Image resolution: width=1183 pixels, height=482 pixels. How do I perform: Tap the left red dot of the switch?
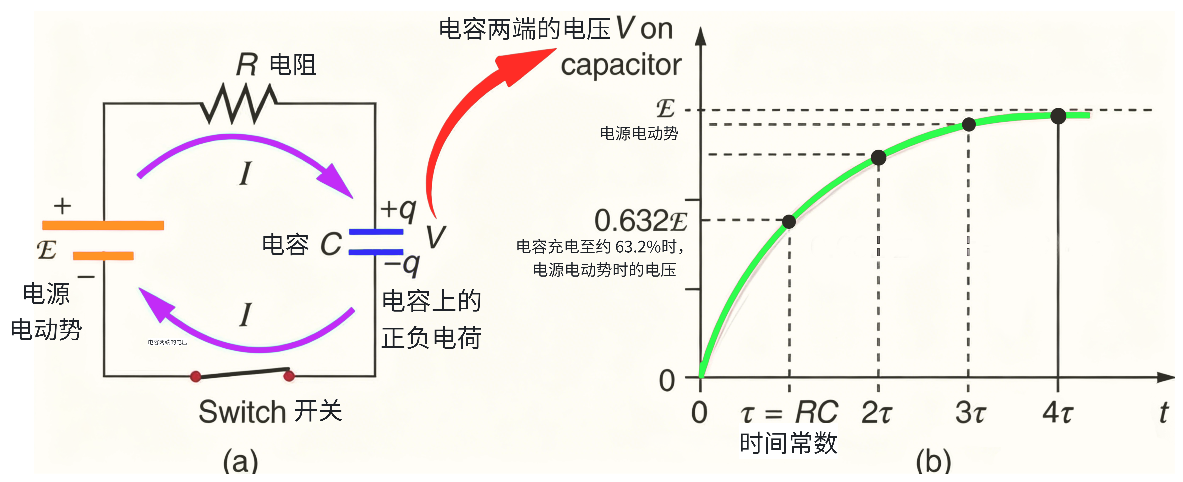click(x=196, y=377)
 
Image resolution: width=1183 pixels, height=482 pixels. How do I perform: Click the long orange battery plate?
click(x=103, y=225)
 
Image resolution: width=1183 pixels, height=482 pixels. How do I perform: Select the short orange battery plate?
click(x=103, y=256)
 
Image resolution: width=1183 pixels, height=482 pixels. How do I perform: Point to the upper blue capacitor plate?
click(x=376, y=232)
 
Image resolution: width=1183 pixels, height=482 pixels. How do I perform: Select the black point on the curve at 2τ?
click(x=878, y=158)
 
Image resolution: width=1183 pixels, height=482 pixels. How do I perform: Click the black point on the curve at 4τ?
click(x=1058, y=116)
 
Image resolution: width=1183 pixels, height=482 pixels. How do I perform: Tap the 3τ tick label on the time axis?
click(x=970, y=412)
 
